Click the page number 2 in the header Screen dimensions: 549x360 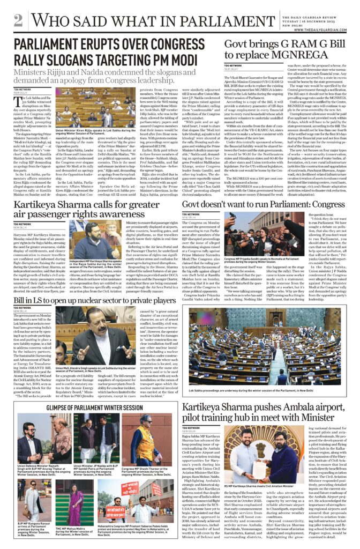18,20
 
